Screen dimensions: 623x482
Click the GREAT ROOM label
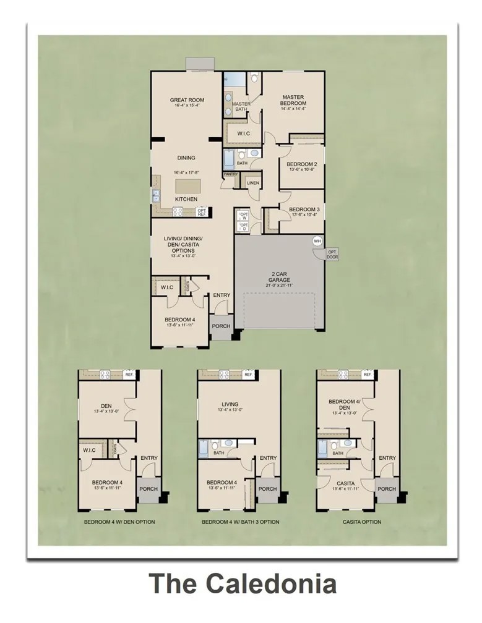[x=187, y=100]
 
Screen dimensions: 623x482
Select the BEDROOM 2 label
[x=302, y=164]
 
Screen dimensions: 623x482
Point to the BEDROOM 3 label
[x=304, y=210]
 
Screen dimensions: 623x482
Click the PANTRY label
[x=231, y=174]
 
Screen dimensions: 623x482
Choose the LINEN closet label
[x=252, y=183]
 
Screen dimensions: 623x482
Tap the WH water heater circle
[x=317, y=240]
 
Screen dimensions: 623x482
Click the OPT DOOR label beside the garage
[x=332, y=254]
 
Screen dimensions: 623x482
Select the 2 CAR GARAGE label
[x=279, y=276]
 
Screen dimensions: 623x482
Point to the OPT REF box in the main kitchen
[x=202, y=212]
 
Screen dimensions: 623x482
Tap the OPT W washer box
[x=243, y=216]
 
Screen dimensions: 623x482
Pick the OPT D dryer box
[x=243, y=227]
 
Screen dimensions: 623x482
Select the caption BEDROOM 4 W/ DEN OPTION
[x=119, y=522]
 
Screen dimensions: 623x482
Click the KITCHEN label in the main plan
[x=186, y=199]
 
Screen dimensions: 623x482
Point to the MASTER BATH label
[x=241, y=107]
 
